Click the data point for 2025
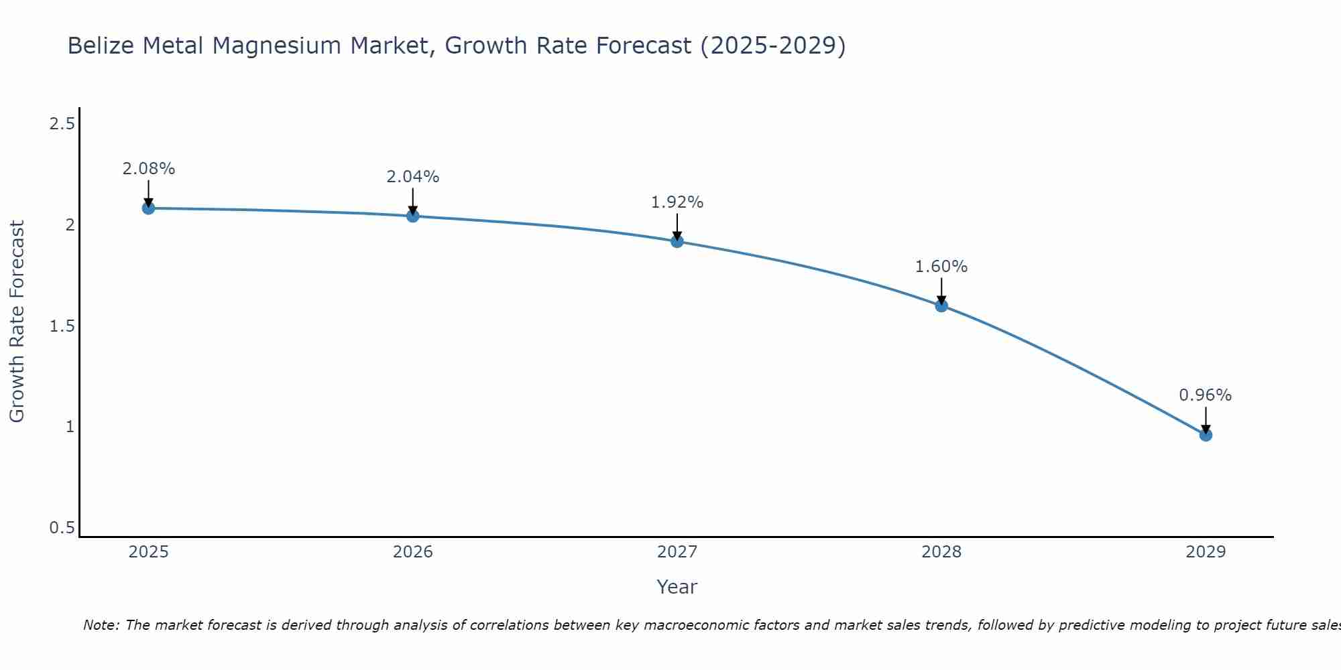149,208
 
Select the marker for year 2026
413,216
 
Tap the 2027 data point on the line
677,241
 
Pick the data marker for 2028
941,306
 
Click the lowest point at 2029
1206,435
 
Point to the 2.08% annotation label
149,169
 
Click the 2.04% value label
413,177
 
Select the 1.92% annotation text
677,202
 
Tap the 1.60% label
941,267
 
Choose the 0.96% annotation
1206,395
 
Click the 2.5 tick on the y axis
62,124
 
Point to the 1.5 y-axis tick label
62,326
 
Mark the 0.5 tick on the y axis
62,528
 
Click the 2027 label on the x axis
677,552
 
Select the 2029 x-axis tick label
1206,552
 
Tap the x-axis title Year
677,587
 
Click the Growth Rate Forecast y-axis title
17,322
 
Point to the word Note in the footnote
101,625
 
